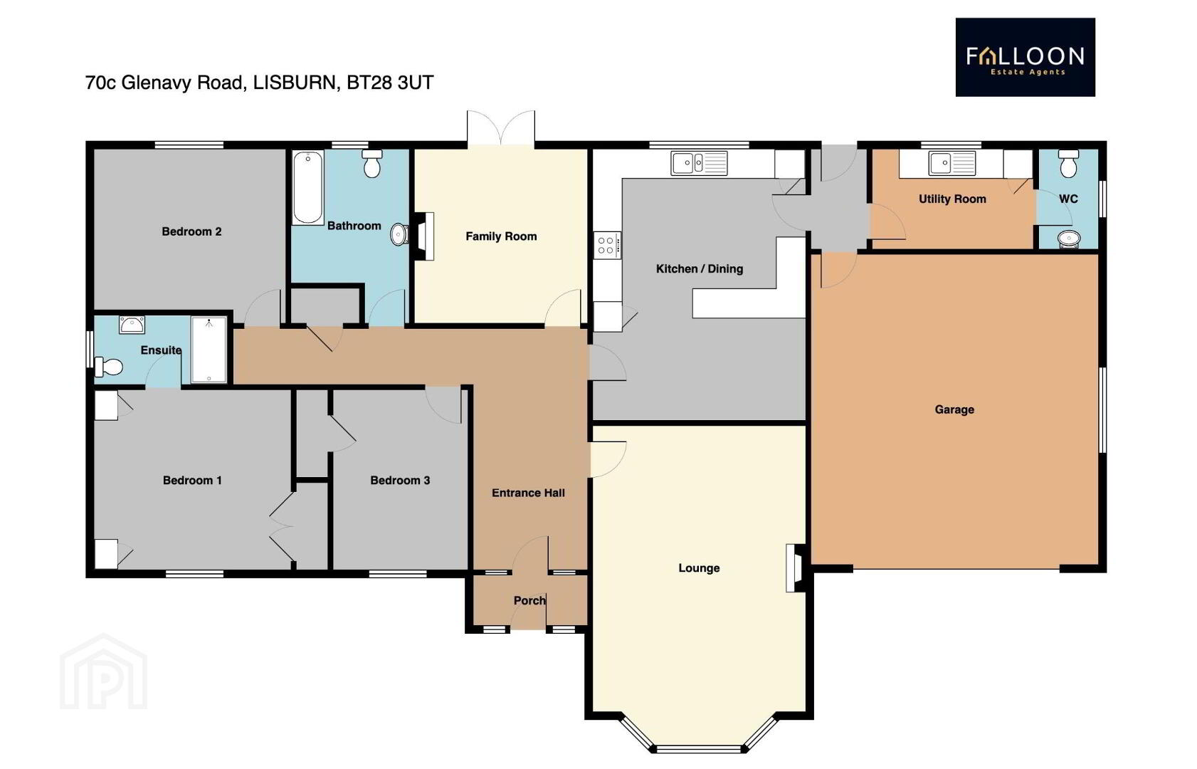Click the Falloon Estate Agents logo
[1025, 57]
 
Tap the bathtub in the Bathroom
[307, 187]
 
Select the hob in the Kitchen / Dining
[607, 245]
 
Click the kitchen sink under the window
[699, 162]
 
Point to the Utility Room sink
[951, 163]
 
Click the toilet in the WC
[1068, 163]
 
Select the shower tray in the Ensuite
[209, 350]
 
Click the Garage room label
[954, 409]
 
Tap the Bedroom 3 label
[400, 480]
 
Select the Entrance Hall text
[528, 493]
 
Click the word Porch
[529, 600]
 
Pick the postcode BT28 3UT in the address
[390, 83]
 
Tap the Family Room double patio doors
[501, 128]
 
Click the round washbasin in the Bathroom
[399, 234]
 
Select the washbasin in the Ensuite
[132, 325]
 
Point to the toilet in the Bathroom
[372, 163]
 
